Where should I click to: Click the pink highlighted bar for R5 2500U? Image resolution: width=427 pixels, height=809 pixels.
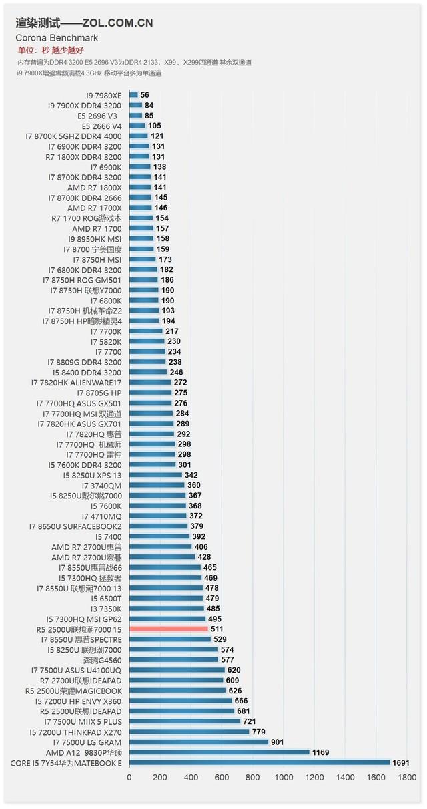168,629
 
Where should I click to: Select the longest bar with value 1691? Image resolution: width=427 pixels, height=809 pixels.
260,762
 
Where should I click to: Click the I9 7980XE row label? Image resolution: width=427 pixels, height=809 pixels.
103,95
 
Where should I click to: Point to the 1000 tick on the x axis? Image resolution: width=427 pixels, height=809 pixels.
284,778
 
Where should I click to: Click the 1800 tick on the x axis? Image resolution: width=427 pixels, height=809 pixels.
407,778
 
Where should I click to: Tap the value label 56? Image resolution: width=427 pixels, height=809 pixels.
145,95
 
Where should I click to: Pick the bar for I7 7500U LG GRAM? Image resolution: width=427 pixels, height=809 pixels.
199,742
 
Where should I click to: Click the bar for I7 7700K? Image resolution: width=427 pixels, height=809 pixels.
146,331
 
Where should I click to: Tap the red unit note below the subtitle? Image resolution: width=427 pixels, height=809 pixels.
51,50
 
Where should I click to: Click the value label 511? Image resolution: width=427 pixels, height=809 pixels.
218,629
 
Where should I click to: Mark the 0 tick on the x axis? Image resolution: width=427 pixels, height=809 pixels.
129,778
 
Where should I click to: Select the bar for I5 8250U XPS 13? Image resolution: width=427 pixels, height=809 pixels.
155,475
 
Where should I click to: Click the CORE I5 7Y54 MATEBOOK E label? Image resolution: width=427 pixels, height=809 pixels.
66,762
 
